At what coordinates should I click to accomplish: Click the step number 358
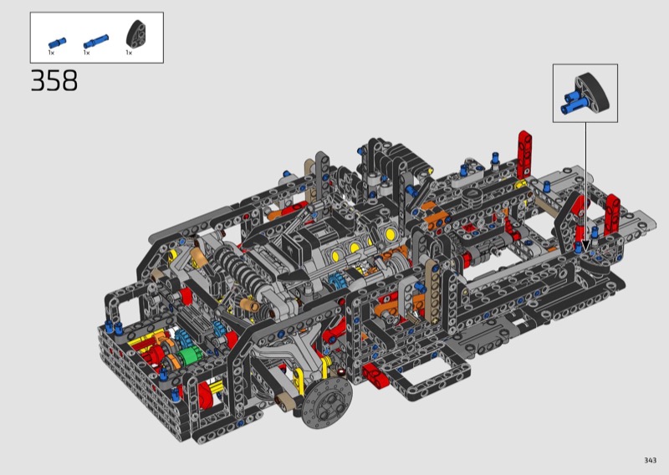tap(54, 80)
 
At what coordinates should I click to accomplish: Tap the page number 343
tap(651, 460)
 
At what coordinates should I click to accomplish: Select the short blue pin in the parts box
tap(57, 43)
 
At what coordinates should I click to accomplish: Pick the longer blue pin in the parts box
tap(96, 41)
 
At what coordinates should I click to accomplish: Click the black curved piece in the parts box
tap(137, 33)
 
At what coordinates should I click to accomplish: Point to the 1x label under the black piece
tap(129, 53)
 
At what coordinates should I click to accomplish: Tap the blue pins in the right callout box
tap(571, 101)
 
